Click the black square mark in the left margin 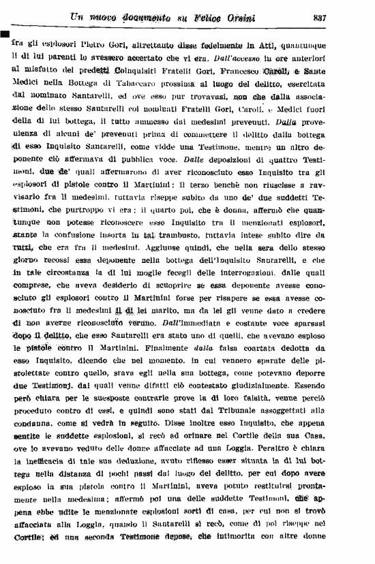point(4,34)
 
